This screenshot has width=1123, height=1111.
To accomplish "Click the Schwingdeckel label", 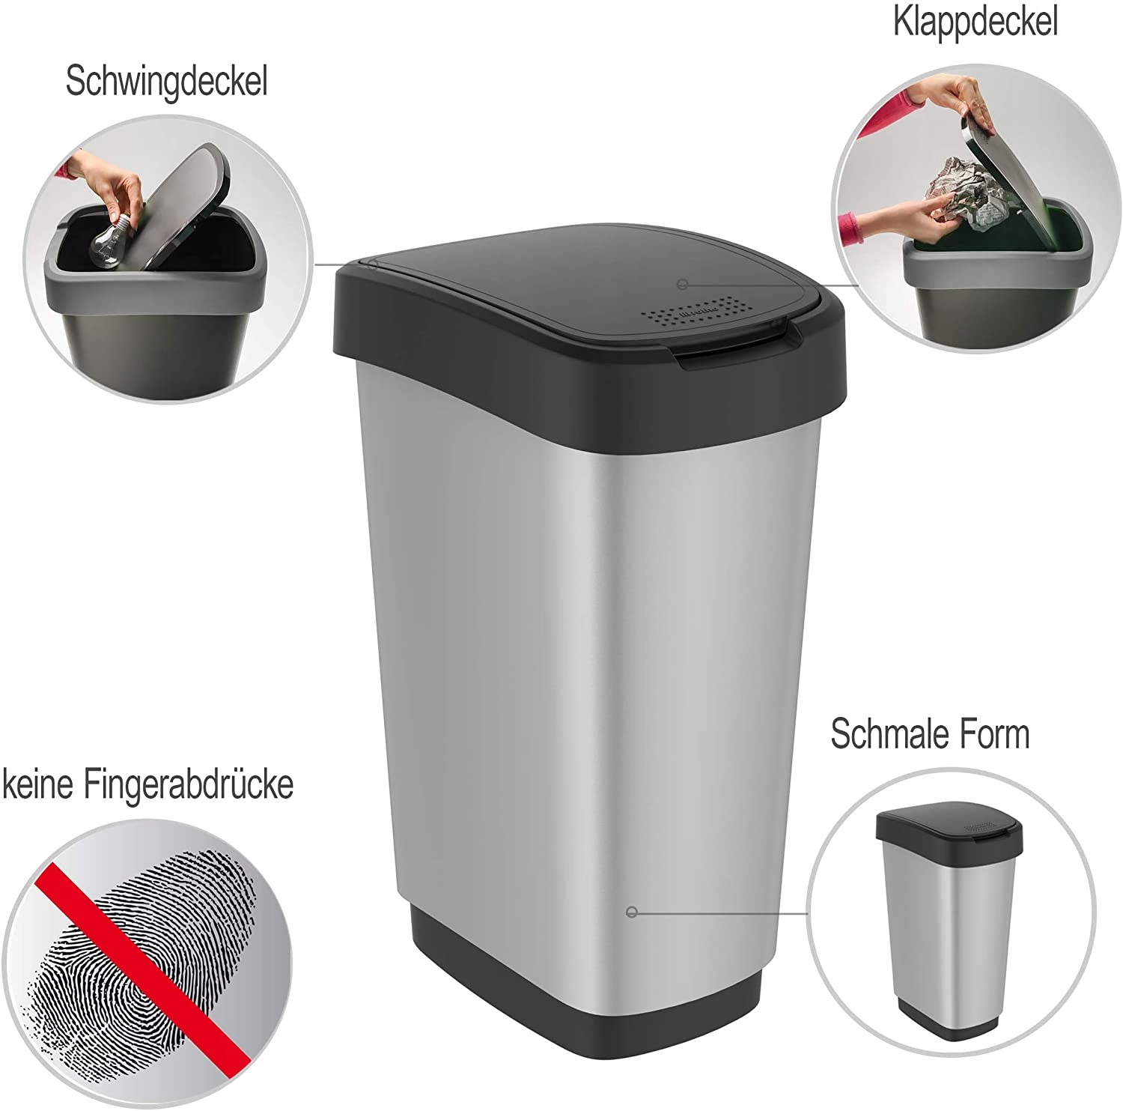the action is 166,82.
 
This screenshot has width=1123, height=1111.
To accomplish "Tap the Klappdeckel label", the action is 976,22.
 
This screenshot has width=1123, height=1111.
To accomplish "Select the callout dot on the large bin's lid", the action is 682,284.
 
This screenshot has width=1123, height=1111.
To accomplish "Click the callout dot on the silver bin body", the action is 631,912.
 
